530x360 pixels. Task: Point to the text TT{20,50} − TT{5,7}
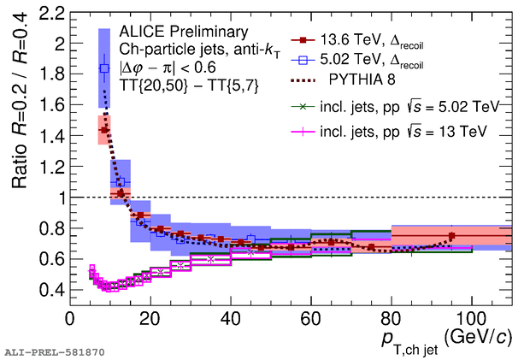pyautogui.click(x=182, y=86)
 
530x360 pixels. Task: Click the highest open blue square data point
pyautogui.click(x=104, y=68)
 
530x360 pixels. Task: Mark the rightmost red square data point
pyautogui.click(x=451, y=235)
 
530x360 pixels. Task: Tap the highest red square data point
pyautogui.click(x=104, y=130)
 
